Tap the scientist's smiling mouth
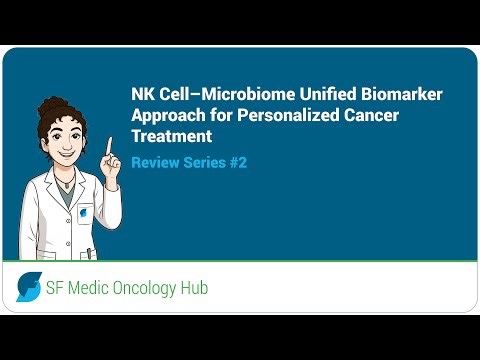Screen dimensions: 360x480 (x=72, y=153)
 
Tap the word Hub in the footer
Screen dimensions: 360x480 (x=193, y=289)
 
